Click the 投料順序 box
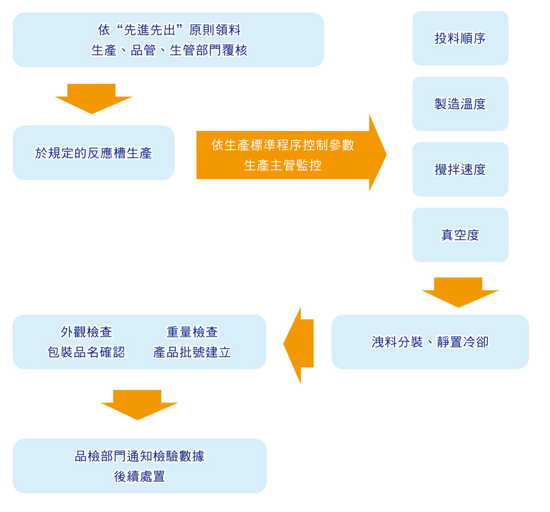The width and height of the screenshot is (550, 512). (460, 38)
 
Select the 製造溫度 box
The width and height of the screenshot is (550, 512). (460, 104)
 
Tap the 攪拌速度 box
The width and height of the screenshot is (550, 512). (460, 169)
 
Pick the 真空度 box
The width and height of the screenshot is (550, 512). (460, 235)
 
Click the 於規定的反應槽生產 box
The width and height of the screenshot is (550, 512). (93, 153)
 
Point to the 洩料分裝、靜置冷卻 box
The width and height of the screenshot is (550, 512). (430, 342)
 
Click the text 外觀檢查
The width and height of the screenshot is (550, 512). (86, 332)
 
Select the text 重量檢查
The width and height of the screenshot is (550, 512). (192, 332)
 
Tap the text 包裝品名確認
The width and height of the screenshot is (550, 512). (86, 352)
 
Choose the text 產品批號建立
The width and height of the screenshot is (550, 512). (192, 352)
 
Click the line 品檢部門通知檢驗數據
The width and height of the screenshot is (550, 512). (140, 456)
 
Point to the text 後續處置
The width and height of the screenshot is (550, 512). (140, 476)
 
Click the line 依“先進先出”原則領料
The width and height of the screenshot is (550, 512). (169, 30)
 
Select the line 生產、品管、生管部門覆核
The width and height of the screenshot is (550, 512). (169, 50)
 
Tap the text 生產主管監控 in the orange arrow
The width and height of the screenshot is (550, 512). (283, 165)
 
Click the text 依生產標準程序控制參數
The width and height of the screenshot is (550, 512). (283, 145)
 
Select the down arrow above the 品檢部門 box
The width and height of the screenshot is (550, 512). (138, 404)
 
